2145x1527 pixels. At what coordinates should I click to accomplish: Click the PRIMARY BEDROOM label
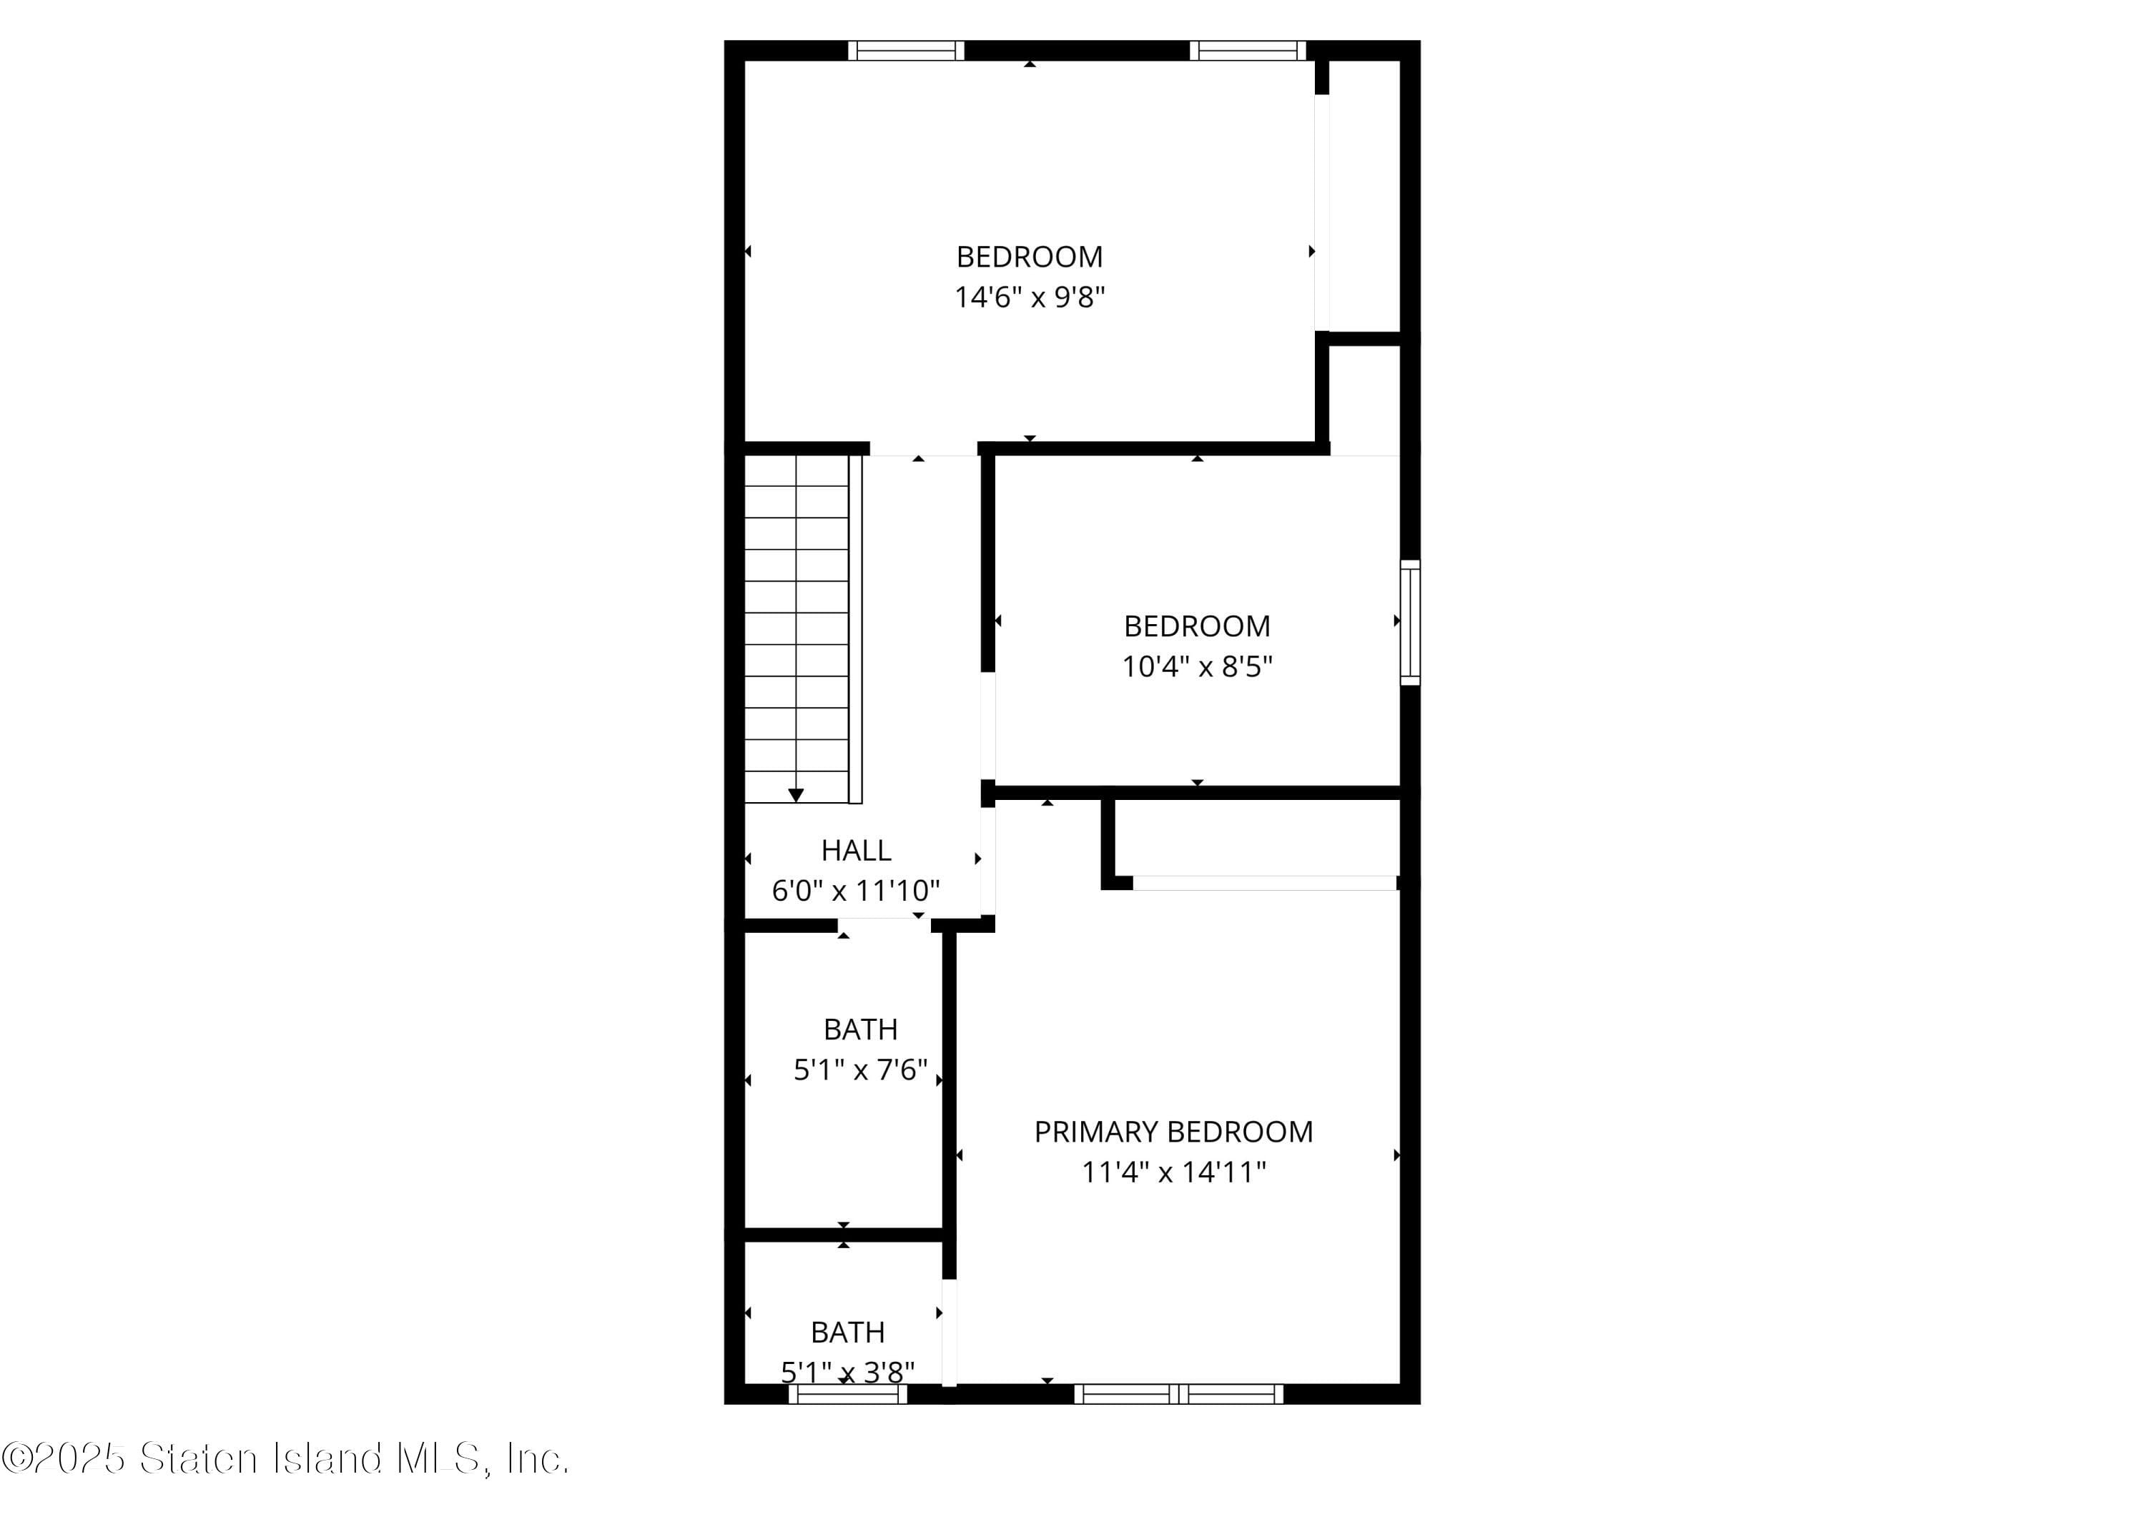click(1173, 1131)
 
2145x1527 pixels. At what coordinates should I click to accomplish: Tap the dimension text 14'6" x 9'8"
click(1030, 297)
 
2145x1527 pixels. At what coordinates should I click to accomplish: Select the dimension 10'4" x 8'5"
click(1197, 667)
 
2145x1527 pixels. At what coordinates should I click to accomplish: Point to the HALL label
click(856, 850)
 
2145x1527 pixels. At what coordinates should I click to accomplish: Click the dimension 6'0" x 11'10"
click(856, 891)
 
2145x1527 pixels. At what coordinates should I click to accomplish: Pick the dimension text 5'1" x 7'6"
click(860, 1070)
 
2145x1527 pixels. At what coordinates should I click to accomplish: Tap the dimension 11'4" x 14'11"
click(1173, 1172)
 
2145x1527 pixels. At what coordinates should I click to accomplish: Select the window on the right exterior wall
click(1410, 621)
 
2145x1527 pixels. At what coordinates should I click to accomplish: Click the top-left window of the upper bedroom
click(906, 51)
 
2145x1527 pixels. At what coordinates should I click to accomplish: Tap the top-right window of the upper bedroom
click(1247, 51)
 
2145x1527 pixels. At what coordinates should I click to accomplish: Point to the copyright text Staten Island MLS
click(286, 1459)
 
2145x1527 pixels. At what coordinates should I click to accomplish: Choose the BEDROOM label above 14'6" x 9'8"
click(1030, 257)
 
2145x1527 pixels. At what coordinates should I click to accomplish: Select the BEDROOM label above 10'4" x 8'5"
click(1197, 626)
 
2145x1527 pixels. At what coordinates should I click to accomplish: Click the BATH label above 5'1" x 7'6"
click(860, 1029)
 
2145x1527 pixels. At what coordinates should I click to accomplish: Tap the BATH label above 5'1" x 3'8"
click(847, 1333)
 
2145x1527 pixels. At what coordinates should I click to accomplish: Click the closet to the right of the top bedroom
click(1364, 197)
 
